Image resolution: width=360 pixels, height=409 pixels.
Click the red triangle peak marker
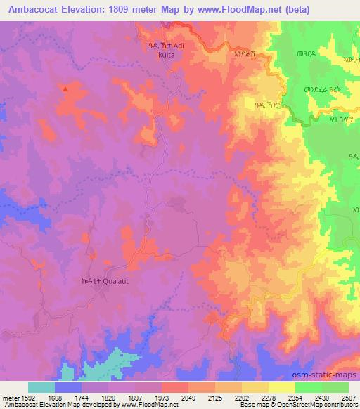point(65,89)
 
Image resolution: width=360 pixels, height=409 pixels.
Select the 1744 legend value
point(82,397)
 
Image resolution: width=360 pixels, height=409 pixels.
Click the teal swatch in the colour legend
point(41,387)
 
